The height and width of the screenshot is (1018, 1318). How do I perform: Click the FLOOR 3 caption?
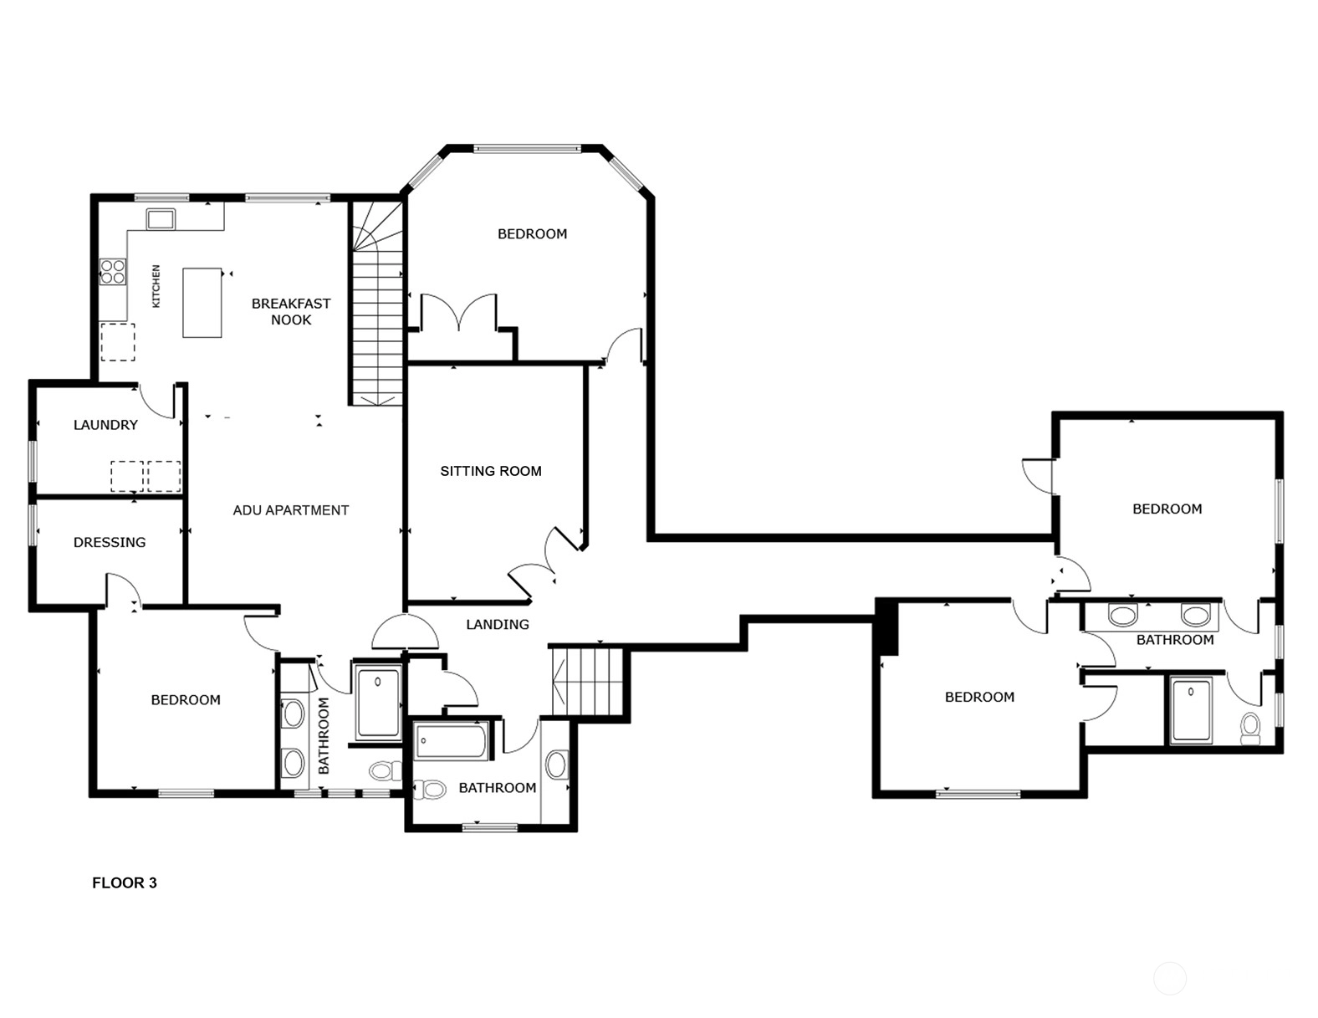tap(125, 882)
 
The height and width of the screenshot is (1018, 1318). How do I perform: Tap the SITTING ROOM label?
tap(491, 471)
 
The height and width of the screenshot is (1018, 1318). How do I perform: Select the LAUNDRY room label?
tap(105, 425)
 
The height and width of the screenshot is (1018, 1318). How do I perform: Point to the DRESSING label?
tap(110, 542)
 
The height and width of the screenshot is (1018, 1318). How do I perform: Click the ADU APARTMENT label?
tap(290, 510)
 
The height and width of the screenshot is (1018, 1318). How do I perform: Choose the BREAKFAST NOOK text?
tap(291, 311)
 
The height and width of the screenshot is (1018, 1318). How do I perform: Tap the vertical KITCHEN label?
tap(156, 286)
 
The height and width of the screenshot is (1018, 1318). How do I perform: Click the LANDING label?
tap(498, 624)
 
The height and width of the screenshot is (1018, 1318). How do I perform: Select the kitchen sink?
tap(161, 219)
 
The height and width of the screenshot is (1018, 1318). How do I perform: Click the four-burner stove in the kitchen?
tap(113, 271)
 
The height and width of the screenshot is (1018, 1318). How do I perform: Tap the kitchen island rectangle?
tap(202, 303)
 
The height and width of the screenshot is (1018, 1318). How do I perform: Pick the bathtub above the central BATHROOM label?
tap(452, 740)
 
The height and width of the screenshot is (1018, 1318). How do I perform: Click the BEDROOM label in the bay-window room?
tap(532, 234)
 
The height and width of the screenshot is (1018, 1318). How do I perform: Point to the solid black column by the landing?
tap(886, 627)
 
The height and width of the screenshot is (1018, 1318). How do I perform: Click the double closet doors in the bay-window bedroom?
tap(459, 311)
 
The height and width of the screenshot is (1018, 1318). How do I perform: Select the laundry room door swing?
tap(157, 401)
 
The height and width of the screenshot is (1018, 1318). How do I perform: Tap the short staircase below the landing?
tap(588, 681)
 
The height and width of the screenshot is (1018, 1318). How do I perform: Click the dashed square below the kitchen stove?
tap(118, 342)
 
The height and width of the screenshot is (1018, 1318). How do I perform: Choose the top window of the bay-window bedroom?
tap(527, 148)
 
